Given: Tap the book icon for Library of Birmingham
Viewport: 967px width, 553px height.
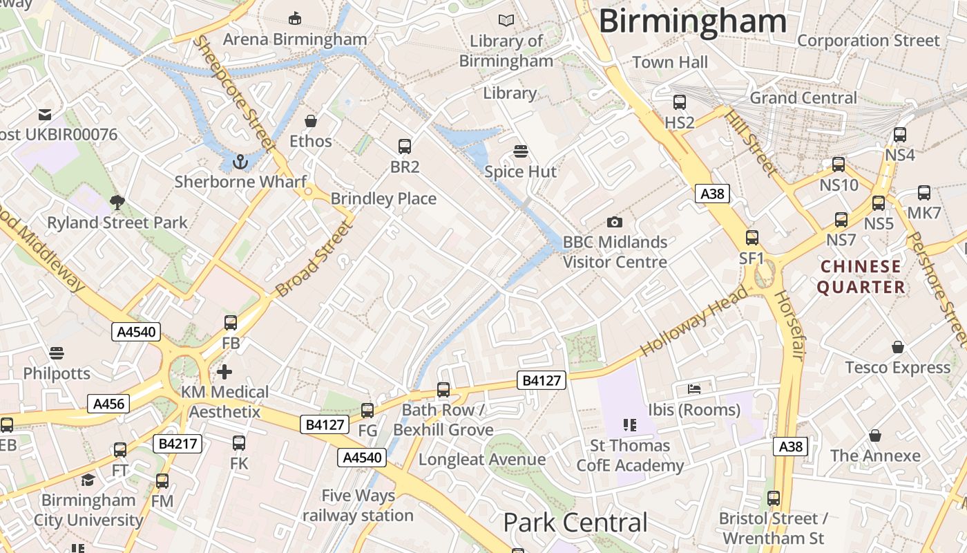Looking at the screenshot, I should [506, 21].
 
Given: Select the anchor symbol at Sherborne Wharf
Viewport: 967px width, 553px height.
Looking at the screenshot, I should [240, 162].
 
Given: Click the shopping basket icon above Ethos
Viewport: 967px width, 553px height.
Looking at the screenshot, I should [311, 121].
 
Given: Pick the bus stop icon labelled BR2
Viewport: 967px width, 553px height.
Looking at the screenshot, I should [405, 147].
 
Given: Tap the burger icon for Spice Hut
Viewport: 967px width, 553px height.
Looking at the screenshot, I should [521, 151].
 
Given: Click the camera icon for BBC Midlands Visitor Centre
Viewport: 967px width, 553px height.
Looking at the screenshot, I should [614, 222].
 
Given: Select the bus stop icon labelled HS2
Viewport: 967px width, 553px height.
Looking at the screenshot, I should [680, 102].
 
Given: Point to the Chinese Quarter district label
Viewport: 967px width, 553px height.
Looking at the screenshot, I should [861, 276].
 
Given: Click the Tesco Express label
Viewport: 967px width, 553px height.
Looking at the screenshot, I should [898, 368].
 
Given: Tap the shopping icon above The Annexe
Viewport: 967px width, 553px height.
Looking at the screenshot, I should [875, 435].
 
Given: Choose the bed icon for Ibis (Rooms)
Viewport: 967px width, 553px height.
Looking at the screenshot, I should [694, 389].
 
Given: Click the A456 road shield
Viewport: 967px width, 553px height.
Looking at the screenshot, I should [108, 404].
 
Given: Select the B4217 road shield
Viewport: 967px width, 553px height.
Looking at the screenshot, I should [178, 444].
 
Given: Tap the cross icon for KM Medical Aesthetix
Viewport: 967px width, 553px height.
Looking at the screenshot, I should [224, 372].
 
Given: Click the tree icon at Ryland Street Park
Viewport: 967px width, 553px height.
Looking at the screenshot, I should [117, 202].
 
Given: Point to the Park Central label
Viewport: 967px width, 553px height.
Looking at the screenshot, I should [575, 523].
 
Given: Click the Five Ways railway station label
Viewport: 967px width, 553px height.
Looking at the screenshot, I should [358, 505].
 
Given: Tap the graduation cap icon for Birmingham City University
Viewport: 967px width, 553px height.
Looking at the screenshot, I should [88, 480].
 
